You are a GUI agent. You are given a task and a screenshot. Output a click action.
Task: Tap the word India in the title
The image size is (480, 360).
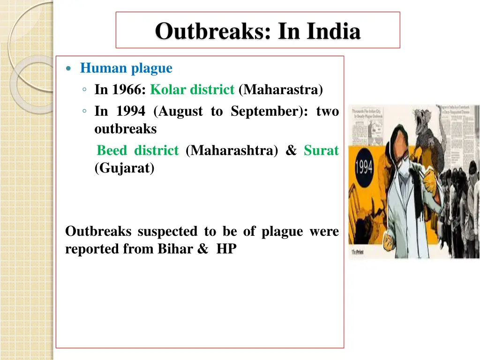pos(333,32)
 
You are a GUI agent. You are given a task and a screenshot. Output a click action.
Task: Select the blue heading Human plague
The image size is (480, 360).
pos(126,68)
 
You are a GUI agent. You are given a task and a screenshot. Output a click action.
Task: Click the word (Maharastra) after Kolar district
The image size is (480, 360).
pos(280,89)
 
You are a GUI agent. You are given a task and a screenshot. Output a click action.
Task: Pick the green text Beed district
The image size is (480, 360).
pos(137,150)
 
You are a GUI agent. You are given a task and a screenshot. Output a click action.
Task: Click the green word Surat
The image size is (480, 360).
pos(321,150)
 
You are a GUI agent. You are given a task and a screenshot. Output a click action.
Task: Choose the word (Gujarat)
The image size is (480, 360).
pos(124,168)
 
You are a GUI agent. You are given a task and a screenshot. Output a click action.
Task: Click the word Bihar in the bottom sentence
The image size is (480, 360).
pos(175,249)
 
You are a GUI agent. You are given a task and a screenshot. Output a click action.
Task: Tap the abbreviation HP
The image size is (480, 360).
pos(226,249)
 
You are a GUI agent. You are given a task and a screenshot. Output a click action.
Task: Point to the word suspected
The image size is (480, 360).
pos(167,232)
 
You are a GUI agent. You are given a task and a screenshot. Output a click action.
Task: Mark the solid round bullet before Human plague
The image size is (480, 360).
pos(69,69)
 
